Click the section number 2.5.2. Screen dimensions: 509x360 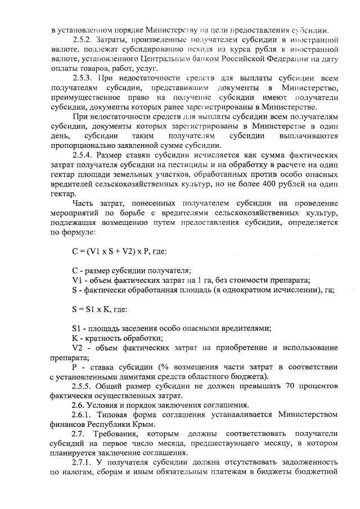point(84,41)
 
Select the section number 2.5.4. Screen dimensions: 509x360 point(84,155)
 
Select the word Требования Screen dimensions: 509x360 point(123,434)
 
